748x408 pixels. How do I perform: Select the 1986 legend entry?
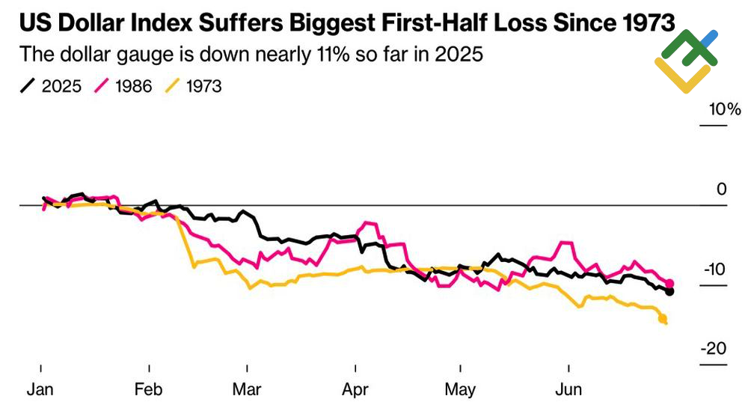tap(123, 86)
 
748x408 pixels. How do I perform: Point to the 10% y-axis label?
tap(725, 110)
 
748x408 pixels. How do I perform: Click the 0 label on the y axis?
tap(721, 189)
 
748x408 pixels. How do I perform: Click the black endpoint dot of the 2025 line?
tap(669, 291)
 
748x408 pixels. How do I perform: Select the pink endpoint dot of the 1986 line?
tap(669, 283)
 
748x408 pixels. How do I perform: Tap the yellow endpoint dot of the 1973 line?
tap(663, 320)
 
